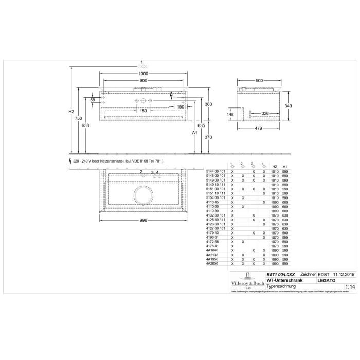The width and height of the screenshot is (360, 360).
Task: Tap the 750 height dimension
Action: [x=78, y=118]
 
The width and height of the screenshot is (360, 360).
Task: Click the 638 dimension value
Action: [x=85, y=125]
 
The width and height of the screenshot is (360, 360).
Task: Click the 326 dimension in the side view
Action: [x=264, y=113]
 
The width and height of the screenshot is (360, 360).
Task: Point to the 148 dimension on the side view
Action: [x=231, y=114]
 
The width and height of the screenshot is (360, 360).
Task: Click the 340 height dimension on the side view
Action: [x=289, y=106]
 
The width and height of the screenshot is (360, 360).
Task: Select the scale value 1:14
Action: [x=350, y=286]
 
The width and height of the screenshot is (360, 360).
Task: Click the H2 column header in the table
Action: [x=275, y=167]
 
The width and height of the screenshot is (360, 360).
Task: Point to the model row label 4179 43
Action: [x=212, y=232]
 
